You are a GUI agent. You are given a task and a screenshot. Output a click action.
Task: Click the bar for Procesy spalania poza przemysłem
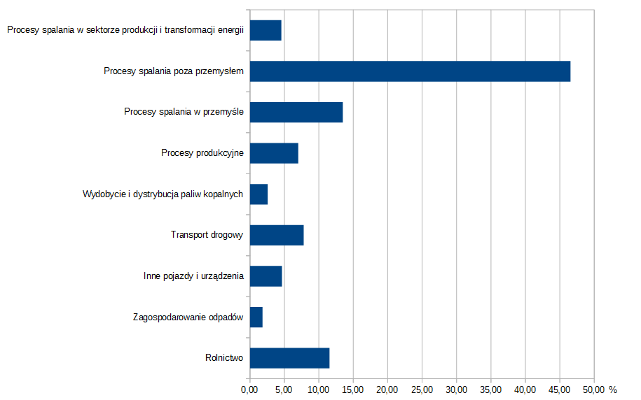click(410, 71)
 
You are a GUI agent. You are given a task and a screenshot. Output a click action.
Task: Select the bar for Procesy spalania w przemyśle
click(296, 112)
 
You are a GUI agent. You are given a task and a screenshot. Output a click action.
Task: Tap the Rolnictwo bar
click(289, 357)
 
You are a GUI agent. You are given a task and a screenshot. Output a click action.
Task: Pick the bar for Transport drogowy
click(277, 235)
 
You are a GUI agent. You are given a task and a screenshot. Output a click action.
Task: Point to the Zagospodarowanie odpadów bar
click(256, 317)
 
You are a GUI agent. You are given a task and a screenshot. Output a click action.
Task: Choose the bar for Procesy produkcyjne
click(274, 153)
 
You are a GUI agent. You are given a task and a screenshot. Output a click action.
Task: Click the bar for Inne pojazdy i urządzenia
click(266, 276)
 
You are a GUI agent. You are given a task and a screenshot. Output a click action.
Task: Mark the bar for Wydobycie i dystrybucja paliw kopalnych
click(259, 194)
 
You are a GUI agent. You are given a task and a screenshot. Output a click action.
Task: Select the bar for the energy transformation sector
click(266, 31)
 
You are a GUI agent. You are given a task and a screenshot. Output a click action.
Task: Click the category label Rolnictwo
click(224, 358)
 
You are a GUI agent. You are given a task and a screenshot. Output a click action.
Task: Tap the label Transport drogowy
click(207, 235)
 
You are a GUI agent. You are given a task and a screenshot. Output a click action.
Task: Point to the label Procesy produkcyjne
click(202, 153)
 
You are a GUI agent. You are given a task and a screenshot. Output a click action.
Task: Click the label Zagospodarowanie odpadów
click(188, 317)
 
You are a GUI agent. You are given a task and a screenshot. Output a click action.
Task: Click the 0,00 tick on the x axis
click(249, 390)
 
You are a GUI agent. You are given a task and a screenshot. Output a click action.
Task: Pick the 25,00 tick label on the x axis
click(422, 390)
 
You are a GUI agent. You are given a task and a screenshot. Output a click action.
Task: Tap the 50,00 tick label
click(594, 390)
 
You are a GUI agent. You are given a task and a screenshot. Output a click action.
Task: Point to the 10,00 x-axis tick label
click(319, 390)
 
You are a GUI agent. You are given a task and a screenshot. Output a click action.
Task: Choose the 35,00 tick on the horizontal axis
click(490, 390)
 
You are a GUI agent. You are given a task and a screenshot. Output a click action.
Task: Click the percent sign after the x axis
click(613, 390)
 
